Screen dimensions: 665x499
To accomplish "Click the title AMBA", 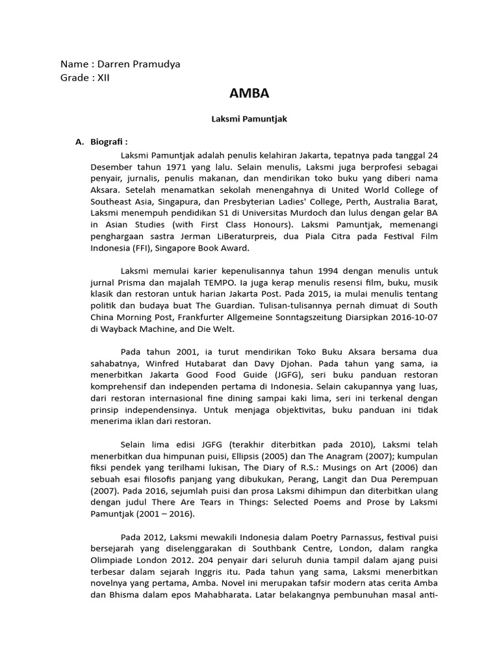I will pyautogui.click(x=249, y=94).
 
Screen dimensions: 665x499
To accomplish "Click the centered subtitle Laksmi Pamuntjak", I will pyautogui.click(x=249, y=119).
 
